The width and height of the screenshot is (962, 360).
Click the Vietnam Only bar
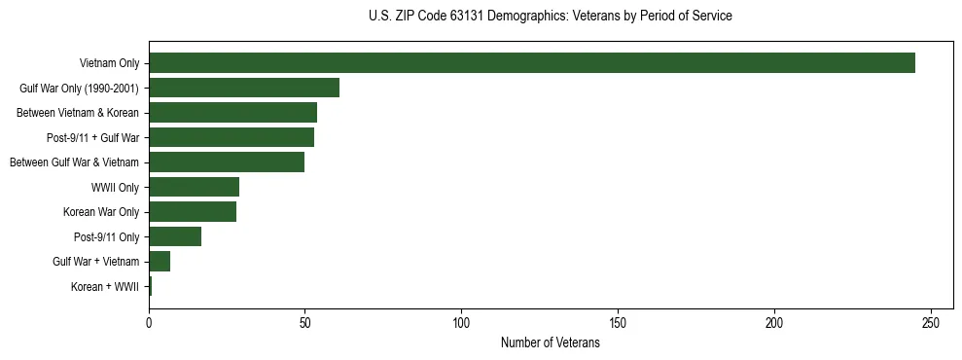532,63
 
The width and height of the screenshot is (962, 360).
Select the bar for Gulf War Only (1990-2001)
244,88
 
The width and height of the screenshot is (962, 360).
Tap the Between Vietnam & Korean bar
233,113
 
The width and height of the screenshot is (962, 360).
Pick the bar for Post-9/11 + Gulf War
232,137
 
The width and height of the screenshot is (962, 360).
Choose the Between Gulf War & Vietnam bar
227,162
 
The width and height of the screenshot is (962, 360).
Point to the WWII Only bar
195,187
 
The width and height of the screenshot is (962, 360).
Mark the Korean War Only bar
193,211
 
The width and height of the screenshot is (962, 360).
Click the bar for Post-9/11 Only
175,236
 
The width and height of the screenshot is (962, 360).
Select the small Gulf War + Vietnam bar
160,261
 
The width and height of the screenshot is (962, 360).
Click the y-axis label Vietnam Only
109,64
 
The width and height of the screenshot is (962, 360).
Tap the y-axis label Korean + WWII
105,287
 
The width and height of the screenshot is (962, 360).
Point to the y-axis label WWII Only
115,188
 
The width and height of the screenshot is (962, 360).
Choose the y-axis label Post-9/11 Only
107,237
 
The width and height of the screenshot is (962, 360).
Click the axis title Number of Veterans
550,343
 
